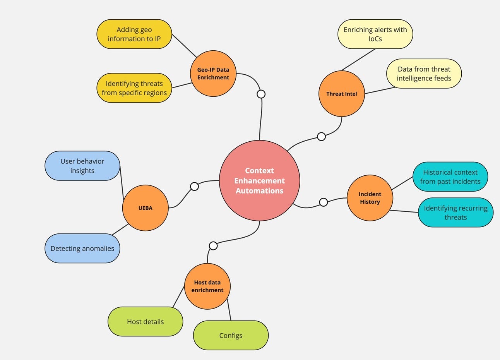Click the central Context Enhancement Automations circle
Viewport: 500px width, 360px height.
coord(259,180)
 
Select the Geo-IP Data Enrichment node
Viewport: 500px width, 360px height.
coord(213,74)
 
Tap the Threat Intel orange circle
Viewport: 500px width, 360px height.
coord(341,94)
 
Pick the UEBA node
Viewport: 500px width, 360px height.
coord(145,208)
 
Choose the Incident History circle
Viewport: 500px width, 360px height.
coord(370,198)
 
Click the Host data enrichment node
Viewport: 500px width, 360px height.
coord(207,286)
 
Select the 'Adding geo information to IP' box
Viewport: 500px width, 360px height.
coord(134,34)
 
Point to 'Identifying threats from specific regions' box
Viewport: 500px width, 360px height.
coord(134,88)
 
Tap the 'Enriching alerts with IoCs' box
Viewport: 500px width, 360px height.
coord(375,34)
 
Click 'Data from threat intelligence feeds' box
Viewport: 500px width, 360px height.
coord(424,74)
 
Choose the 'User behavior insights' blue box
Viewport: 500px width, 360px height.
coord(82,166)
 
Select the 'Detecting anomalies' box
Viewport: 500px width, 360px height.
coord(82,249)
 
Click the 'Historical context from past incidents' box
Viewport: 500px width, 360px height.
coord(450,177)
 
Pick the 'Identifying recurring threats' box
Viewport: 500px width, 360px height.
coord(455,213)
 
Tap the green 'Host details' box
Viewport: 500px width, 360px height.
coord(145,321)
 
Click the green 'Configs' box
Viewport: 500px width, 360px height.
coord(231,335)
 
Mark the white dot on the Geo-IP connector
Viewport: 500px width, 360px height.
coord(261,94)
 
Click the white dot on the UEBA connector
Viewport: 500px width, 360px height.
coord(194,186)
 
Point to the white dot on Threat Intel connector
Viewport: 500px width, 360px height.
coord(321,136)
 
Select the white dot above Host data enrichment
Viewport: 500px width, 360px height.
coord(213,246)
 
